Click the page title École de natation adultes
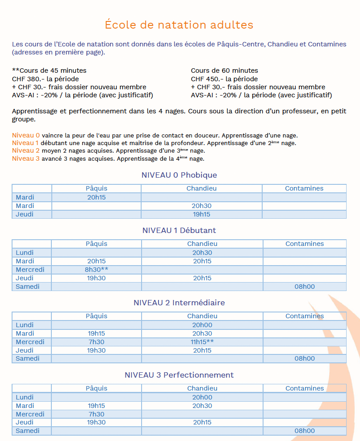click(179, 25)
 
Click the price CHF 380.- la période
click(46, 79)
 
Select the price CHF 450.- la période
click(224, 79)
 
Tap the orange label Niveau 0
click(26, 135)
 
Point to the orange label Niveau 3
click(26, 158)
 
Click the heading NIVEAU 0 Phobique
click(179, 175)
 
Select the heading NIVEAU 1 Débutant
click(179, 230)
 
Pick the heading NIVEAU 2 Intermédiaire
click(179, 303)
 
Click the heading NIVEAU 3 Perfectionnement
click(179, 375)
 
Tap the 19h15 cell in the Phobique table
click(201, 214)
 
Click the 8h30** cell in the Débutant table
click(96, 270)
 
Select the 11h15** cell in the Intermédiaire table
click(202, 342)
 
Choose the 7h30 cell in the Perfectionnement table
click(96, 414)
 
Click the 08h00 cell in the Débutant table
click(305, 287)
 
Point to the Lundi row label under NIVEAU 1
click(25, 253)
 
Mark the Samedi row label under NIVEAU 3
click(27, 431)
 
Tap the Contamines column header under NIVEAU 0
click(304, 188)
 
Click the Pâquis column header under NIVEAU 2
click(96, 316)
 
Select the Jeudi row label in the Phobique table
click(25, 214)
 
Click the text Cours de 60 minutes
click(224, 71)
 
